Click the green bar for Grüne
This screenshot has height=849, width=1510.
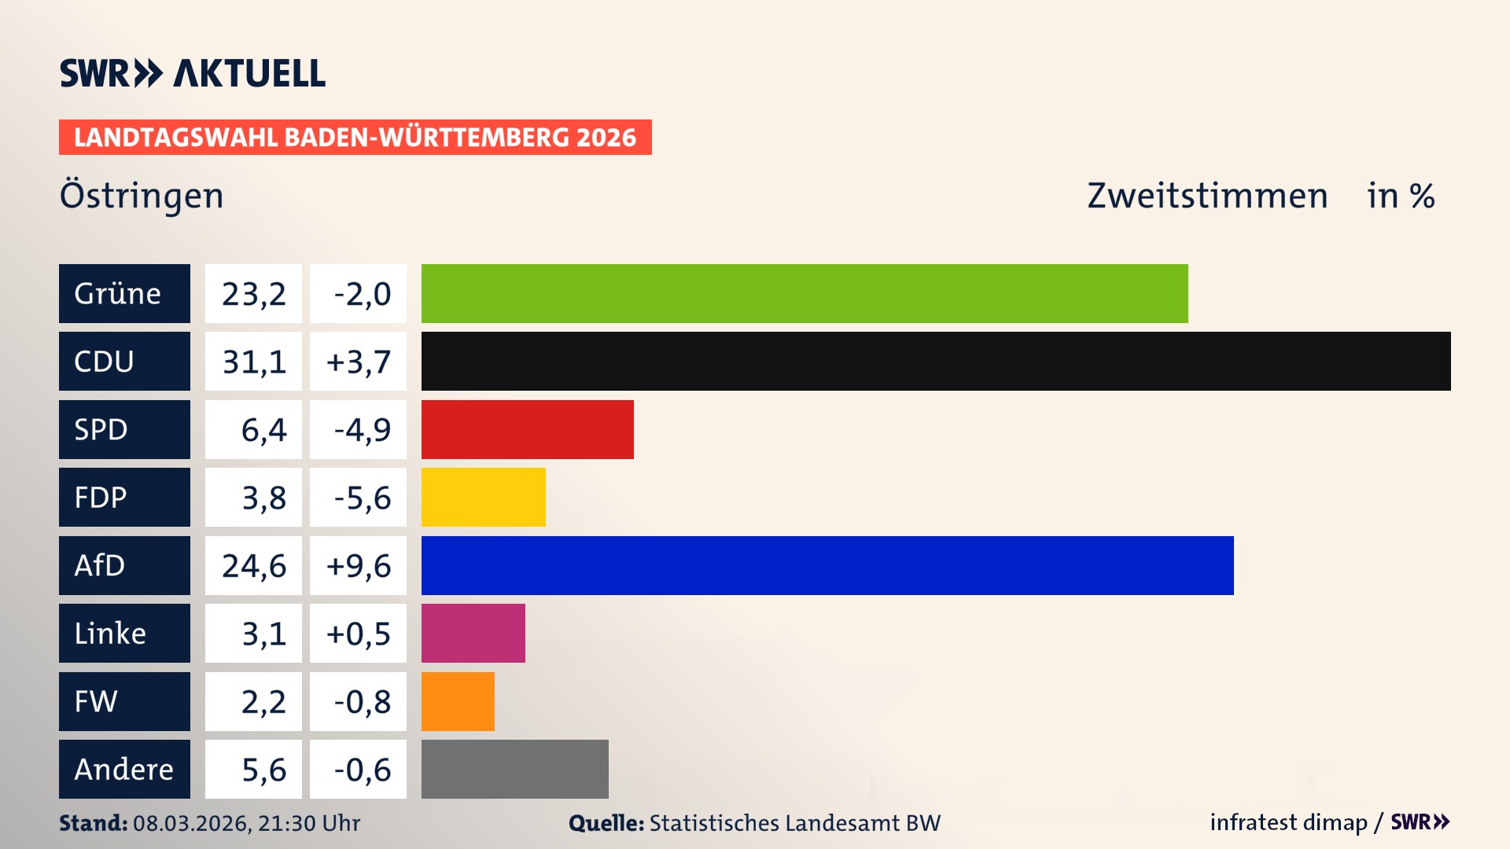804,293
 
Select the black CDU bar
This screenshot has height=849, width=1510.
936,362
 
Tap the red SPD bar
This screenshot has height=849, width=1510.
527,429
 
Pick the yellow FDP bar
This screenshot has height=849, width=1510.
483,498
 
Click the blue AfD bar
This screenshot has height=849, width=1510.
827,565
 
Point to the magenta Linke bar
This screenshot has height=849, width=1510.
473,634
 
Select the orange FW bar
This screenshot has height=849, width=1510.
458,701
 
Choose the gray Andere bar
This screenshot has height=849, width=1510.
514,769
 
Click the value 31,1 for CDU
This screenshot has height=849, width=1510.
253,362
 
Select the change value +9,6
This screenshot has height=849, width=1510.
358,565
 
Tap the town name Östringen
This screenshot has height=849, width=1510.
142,196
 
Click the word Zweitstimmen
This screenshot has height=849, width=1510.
1207,196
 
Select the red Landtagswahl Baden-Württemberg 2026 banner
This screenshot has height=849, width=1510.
355,138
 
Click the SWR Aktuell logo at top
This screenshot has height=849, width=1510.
192,73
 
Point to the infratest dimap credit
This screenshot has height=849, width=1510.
1288,822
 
